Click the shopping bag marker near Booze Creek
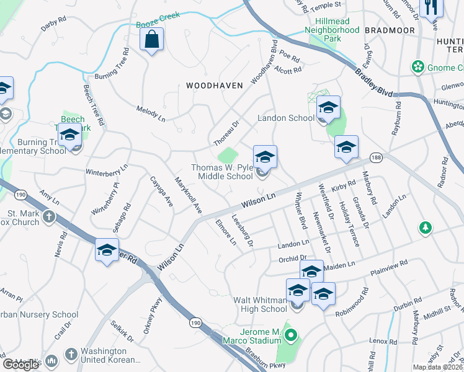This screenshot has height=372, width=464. tap(151, 40)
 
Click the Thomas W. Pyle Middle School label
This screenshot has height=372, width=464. tap(221, 172)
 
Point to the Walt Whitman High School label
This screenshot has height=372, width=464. tap(260, 304)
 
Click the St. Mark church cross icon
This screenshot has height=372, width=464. tap(49, 217)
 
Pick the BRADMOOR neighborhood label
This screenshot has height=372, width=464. tap(388, 30)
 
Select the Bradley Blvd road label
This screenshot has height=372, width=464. tap(374, 81)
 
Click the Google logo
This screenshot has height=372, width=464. tap(20, 365)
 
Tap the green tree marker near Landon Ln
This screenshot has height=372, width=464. tap(426, 228)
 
